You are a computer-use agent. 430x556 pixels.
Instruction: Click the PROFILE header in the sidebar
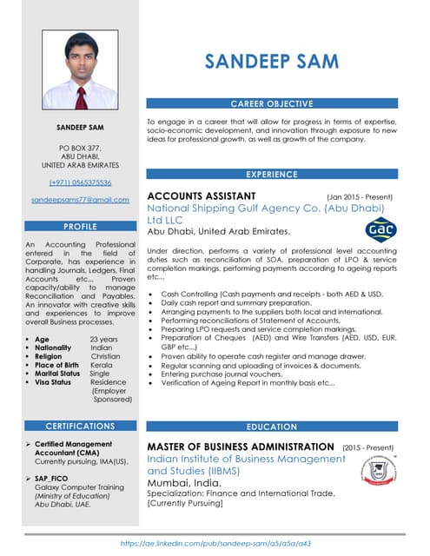tap(80, 226)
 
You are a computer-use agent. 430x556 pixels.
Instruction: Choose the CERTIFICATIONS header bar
tap(80, 427)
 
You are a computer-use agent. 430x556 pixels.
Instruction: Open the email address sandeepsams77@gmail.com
tap(80, 200)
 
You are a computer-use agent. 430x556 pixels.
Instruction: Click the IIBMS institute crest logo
tap(380, 474)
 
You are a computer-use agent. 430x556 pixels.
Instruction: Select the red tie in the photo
tap(81, 96)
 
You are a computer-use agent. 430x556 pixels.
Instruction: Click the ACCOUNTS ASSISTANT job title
tap(202, 195)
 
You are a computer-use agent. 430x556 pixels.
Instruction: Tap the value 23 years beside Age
tap(104, 339)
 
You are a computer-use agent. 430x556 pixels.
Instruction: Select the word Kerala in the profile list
tap(102, 365)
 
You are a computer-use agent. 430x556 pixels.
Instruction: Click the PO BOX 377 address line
tap(80, 149)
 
